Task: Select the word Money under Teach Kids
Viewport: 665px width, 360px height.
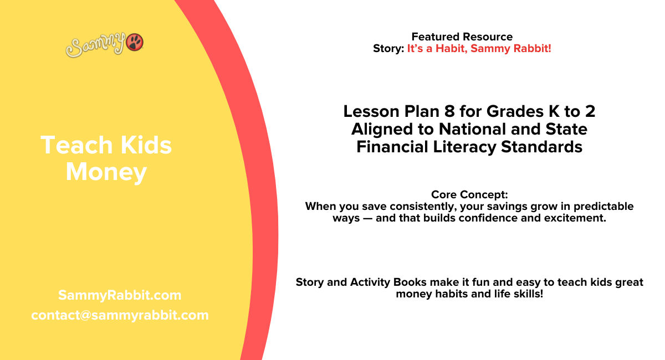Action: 106,172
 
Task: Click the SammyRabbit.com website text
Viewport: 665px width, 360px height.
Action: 120,295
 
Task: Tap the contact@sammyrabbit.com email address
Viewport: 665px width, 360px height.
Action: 120,315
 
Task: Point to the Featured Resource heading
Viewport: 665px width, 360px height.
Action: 462,37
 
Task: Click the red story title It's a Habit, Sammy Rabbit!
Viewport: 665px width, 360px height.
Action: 479,49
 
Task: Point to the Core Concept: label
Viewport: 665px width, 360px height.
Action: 469,195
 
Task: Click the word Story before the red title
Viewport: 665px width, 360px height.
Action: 388,49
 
